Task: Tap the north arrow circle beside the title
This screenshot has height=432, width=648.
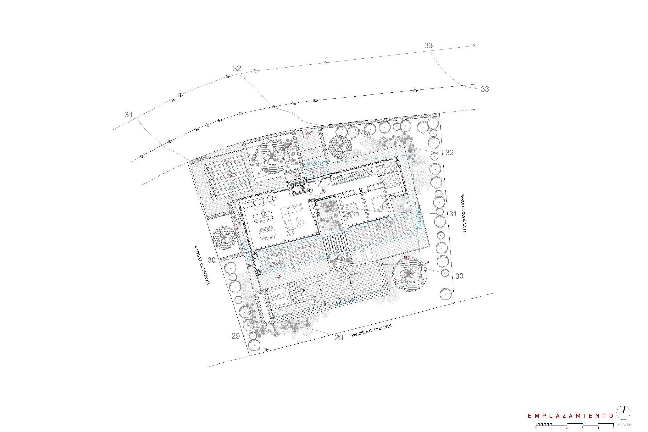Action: point(624,412)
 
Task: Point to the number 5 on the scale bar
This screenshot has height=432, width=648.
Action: point(613,428)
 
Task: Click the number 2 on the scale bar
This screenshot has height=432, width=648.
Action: point(567,428)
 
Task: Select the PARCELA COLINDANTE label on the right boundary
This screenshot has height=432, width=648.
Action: point(463,214)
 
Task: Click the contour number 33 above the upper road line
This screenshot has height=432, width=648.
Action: point(428,45)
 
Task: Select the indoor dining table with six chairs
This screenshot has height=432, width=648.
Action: point(267,233)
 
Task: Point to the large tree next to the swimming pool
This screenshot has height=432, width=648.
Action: point(409,273)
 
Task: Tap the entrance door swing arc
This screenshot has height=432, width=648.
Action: point(321,184)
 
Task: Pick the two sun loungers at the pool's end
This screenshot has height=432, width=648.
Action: point(279,297)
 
